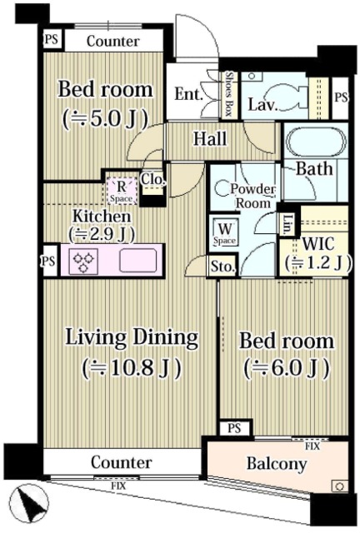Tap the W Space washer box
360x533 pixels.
click(225, 232)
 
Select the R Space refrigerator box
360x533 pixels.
click(122, 191)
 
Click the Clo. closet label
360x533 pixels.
click(151, 178)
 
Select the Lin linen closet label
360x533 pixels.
click(287, 223)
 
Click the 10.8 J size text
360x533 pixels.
click(131, 366)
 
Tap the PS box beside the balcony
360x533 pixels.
click(234, 428)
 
